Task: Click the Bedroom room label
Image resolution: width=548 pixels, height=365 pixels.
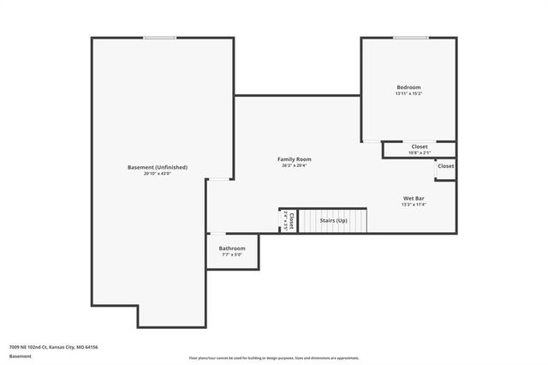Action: pyautogui.click(x=408, y=87)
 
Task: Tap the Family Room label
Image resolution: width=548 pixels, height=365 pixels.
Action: pyautogui.click(x=294, y=159)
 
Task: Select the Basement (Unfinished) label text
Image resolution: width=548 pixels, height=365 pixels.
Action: pyautogui.click(x=158, y=167)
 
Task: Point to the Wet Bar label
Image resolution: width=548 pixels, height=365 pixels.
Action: pyautogui.click(x=414, y=198)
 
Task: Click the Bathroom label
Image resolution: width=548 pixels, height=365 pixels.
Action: pyautogui.click(x=232, y=248)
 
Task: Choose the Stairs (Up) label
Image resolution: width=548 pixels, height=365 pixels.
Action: pyautogui.click(x=334, y=221)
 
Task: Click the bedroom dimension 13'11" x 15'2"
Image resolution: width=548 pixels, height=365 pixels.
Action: pyautogui.click(x=408, y=94)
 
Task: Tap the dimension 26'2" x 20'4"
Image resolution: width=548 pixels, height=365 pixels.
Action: pyautogui.click(x=294, y=166)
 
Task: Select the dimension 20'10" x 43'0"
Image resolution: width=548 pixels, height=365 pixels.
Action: pyautogui.click(x=158, y=174)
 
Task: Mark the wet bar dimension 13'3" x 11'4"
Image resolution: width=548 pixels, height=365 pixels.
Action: pyautogui.click(x=414, y=205)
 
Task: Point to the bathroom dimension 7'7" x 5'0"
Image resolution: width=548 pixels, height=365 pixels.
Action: pyautogui.click(x=232, y=255)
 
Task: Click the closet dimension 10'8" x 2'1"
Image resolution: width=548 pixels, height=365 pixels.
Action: pyautogui.click(x=420, y=153)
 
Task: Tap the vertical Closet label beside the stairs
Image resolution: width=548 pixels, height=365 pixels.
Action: pyautogui.click(x=291, y=220)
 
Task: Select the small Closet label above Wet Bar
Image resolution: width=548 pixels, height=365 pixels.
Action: pyautogui.click(x=446, y=166)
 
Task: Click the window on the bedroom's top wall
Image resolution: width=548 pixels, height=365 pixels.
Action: pyautogui.click(x=411, y=38)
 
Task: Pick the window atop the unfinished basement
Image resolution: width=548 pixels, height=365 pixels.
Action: pyautogui.click(x=160, y=38)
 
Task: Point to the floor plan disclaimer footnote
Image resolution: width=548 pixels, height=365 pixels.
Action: pyautogui.click(x=274, y=358)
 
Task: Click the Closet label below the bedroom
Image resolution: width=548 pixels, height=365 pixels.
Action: pyautogui.click(x=420, y=147)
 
